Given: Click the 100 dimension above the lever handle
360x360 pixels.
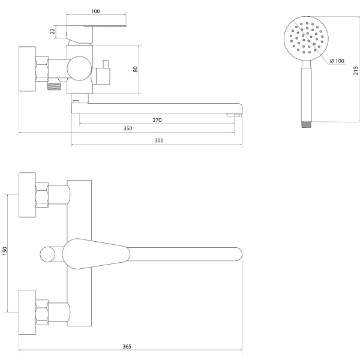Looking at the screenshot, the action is tap(95, 11).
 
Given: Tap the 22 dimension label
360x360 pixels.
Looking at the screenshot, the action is tap(53, 31).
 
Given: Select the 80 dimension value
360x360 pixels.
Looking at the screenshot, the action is tap(135, 69).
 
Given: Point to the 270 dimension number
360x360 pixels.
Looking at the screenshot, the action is tap(157, 120).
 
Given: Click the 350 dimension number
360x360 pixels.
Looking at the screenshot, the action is tap(128, 128).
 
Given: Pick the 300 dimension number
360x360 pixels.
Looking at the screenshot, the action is tap(159, 140).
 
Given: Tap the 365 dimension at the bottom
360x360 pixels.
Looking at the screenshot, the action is tap(127, 347).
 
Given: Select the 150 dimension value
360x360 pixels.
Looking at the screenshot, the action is tap(5, 251).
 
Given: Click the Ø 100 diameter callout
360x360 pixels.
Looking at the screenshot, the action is tap(337, 61).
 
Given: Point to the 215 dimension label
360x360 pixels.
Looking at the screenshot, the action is tap(356, 70).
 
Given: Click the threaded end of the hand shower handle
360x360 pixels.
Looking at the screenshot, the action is tap(306, 124).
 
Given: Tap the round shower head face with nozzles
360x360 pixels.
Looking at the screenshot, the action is tap(306, 38).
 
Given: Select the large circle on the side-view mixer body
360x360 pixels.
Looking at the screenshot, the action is tap(79, 68).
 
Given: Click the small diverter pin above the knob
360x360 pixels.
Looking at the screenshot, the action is tap(106, 64).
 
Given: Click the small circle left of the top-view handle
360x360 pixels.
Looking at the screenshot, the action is tap(47, 254).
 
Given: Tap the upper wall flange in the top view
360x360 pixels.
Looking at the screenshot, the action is tap(28, 194).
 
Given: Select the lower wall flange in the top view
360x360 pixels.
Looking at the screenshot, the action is tap(28, 312).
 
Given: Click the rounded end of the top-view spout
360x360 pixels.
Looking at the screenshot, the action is tap(239, 254).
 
